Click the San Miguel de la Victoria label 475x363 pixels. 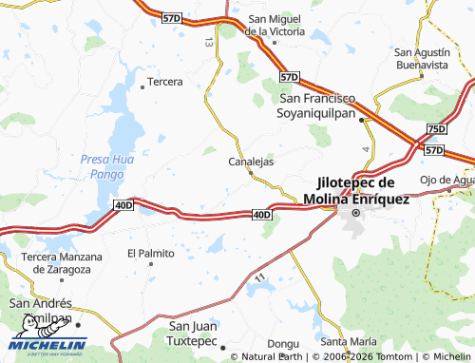coord(275,25)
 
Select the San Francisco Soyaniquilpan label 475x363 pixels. coord(317,105)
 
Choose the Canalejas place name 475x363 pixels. coord(252,162)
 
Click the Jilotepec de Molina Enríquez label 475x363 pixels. coord(355,191)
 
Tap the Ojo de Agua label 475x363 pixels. coord(446,181)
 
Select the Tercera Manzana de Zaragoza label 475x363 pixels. coord(57,263)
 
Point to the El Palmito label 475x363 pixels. coord(151,254)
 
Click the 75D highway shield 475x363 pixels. coord(436,128)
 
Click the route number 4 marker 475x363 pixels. coord(366,149)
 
